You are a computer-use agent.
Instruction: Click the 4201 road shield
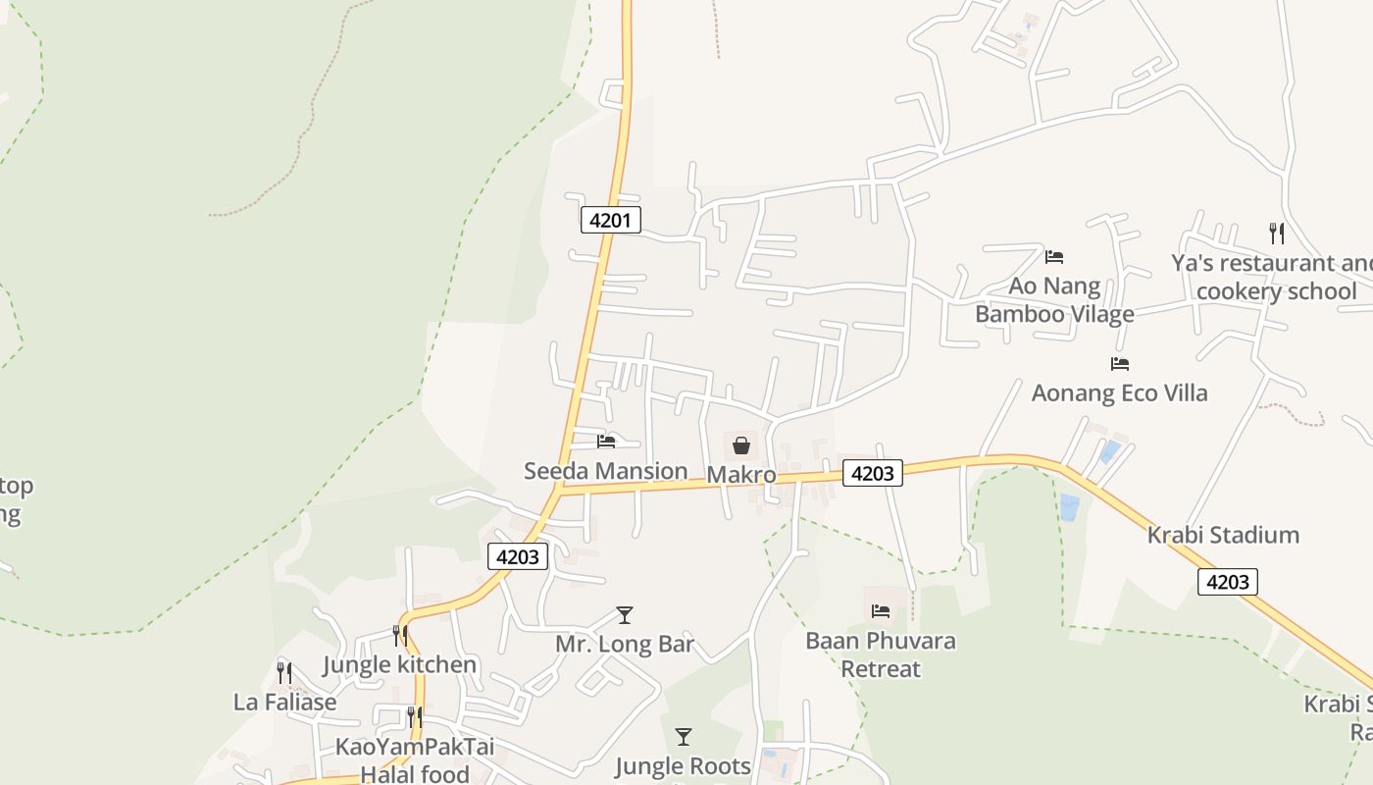coord(610,220)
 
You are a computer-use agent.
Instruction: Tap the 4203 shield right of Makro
coord(872,473)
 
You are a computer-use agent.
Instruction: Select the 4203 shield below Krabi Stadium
coord(1227,582)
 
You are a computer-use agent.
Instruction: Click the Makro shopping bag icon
coord(741,445)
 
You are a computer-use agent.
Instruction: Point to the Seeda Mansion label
coord(605,471)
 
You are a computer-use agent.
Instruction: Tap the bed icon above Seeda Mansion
coord(606,442)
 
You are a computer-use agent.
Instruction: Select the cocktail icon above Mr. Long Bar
coord(625,615)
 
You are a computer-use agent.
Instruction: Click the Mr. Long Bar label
coord(625,645)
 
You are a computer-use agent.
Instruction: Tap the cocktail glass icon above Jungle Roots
coord(684,736)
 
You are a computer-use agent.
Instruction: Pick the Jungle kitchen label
coord(400,664)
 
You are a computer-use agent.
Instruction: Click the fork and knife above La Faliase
coord(284,673)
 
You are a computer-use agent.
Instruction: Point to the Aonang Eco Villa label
coord(1119,393)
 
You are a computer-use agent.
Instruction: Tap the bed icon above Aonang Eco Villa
coord(1120,364)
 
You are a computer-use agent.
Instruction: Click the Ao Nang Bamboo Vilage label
coord(1054,300)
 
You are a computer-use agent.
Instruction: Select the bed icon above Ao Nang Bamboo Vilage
coord(1054,257)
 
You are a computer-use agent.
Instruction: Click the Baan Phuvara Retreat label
coord(881,654)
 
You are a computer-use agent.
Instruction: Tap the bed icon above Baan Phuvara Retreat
coord(881,611)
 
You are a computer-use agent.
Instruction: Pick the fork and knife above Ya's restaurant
coord(1276,234)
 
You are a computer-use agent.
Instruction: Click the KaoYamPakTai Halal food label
coord(415,760)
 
